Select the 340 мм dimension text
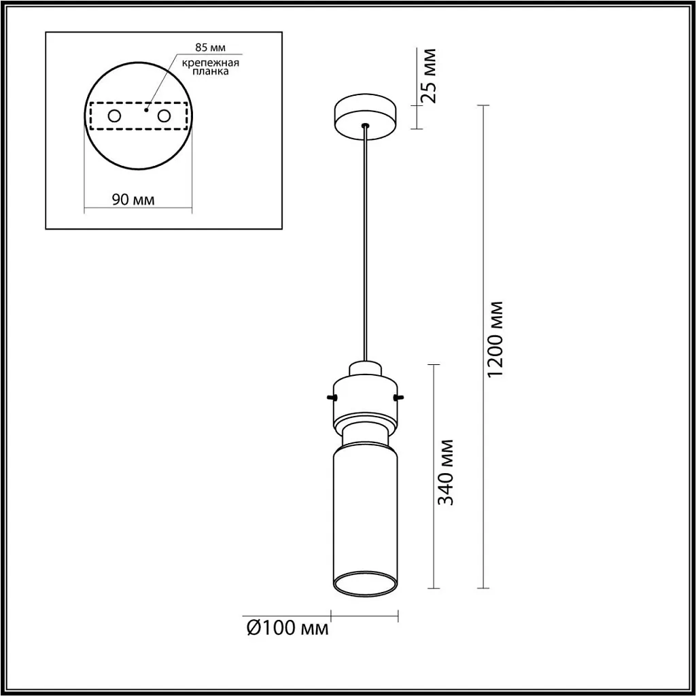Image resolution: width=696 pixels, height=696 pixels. coord(446,472)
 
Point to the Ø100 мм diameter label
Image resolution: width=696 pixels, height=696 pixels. coord(287,628)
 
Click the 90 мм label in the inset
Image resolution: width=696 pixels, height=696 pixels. coord(133,200)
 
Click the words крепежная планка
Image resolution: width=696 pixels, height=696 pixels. coord(210,67)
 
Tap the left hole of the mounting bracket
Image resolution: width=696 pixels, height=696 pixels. coord(114,116)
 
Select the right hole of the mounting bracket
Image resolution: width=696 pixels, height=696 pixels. coord(164,116)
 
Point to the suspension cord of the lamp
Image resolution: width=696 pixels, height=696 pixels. coord(366,245)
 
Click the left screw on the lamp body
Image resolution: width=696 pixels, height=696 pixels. coord(332,396)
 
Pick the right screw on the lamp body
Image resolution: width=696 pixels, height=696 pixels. coord(398,396)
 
